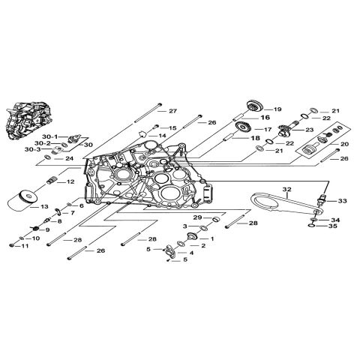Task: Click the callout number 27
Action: tap(172, 111)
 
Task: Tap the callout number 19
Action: tap(277, 109)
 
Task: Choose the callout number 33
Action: tap(342, 201)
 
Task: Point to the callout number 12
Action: tap(70, 181)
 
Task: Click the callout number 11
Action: tap(25, 246)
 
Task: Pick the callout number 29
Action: tap(197, 217)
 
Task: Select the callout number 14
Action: tap(161, 136)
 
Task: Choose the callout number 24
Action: tap(69, 158)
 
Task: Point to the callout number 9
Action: tap(46, 229)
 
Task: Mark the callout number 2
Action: tap(202, 245)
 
